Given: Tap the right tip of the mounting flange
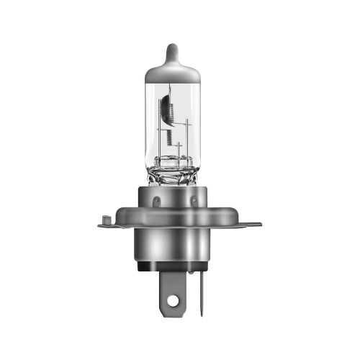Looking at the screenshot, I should tap(259, 224).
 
